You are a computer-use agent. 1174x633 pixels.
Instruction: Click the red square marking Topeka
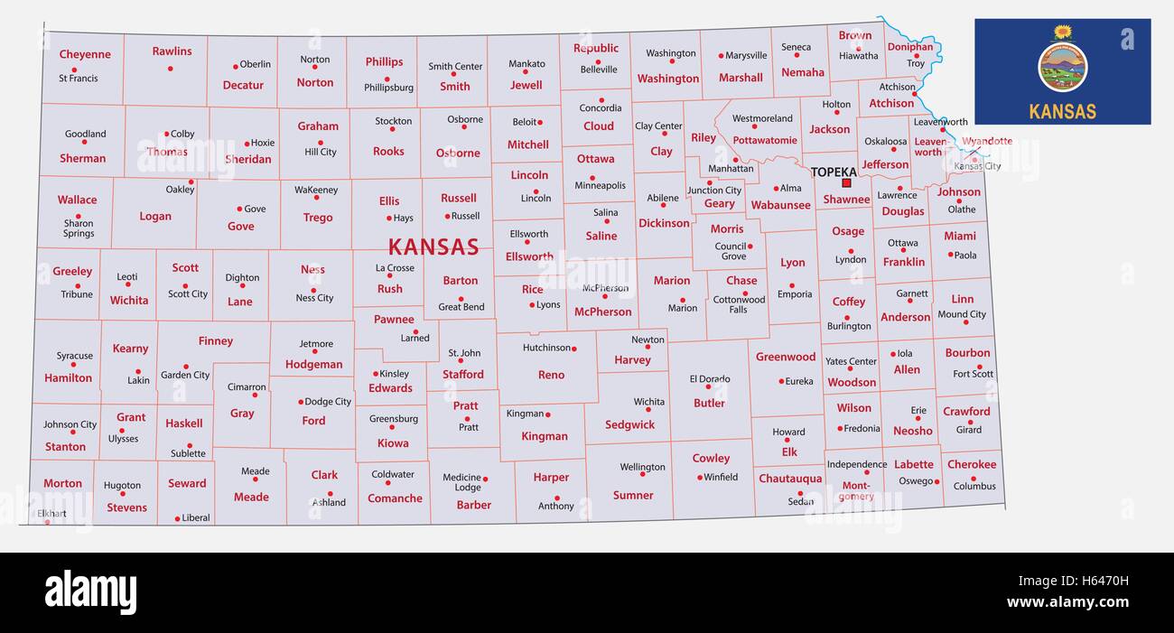[846, 182]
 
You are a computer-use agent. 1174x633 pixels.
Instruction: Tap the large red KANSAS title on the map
[433, 247]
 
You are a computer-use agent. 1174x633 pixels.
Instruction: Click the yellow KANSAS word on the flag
[1062, 112]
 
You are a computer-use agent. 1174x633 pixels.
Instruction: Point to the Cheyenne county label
[85, 54]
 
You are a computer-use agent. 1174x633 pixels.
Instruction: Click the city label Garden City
[185, 375]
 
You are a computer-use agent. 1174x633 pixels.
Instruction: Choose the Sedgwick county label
[629, 424]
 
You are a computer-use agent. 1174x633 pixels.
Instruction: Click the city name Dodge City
[328, 402]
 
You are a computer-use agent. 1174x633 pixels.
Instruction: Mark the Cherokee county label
[972, 465]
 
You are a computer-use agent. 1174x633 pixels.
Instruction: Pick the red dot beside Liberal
[177, 519]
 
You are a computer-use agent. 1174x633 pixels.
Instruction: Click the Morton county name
[62, 483]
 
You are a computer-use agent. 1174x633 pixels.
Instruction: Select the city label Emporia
[794, 294]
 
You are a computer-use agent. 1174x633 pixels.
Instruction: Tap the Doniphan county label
[909, 47]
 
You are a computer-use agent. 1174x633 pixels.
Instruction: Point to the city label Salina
[605, 213]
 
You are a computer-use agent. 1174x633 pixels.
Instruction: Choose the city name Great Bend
[461, 307]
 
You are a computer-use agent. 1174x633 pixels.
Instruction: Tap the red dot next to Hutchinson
[573, 348]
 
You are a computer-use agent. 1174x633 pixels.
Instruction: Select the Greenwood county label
[786, 357]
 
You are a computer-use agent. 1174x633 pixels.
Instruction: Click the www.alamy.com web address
[1067, 602]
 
